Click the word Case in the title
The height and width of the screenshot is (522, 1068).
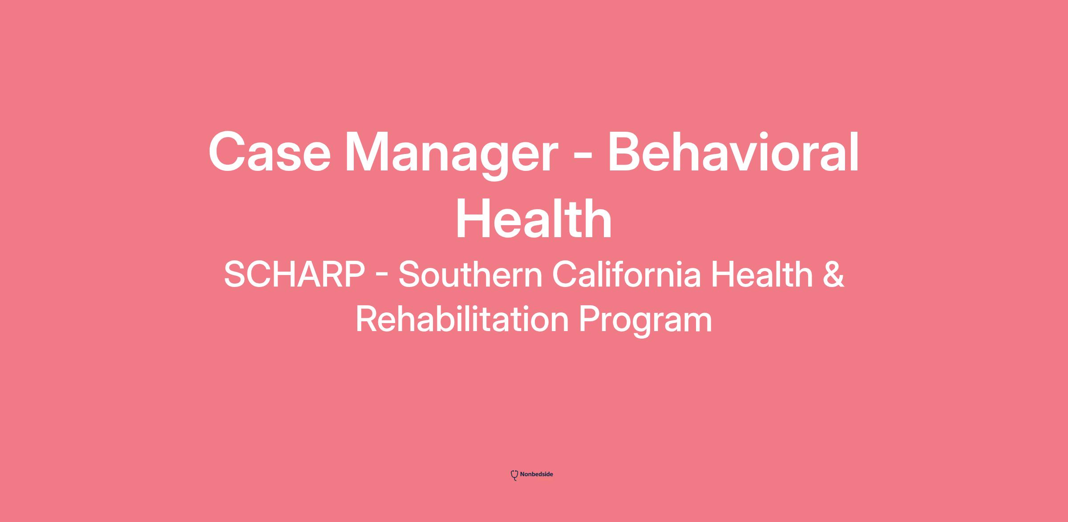coord(270,151)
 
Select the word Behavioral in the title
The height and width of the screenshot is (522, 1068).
coord(733,151)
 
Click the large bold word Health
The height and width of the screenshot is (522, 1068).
coord(534,219)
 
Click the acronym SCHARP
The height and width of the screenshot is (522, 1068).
coord(294,274)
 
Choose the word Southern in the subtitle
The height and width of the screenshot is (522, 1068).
coord(470,274)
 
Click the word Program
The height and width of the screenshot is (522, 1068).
coord(645,321)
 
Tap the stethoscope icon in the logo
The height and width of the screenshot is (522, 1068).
coord(514,475)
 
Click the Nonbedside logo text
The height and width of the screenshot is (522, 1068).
coord(537,474)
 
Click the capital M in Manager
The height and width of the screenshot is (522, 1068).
coord(369,151)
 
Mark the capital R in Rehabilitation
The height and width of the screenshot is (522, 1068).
coord(367,319)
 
